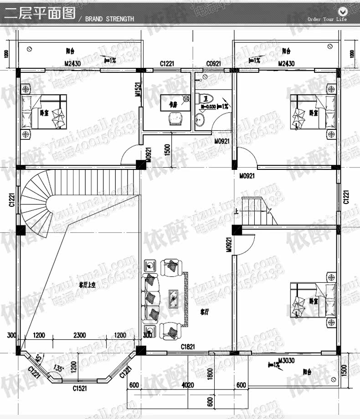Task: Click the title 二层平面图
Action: click(x=40, y=14)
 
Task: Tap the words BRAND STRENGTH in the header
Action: click(x=109, y=19)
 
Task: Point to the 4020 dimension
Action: click(x=188, y=385)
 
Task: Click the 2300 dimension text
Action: click(x=79, y=335)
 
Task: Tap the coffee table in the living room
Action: click(x=174, y=297)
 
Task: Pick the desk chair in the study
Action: click(x=174, y=118)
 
